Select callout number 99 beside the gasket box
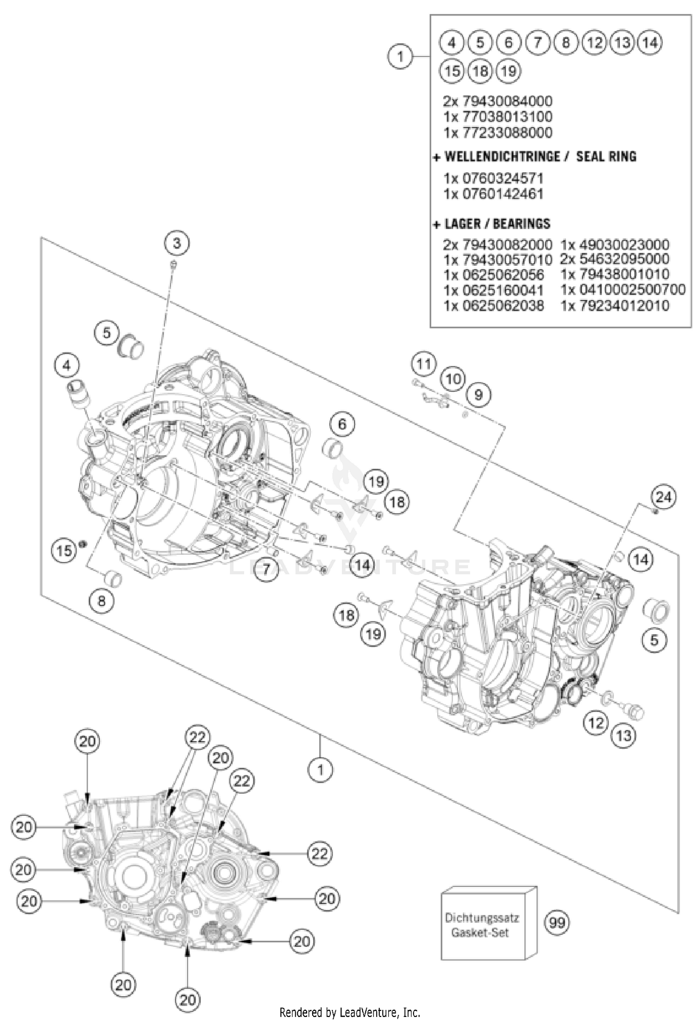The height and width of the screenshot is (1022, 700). click(557, 922)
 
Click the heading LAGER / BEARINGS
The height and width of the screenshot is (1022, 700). click(497, 224)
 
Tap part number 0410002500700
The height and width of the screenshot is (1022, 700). click(623, 290)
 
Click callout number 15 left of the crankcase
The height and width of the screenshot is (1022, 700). click(64, 550)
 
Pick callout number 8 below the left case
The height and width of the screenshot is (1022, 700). click(101, 601)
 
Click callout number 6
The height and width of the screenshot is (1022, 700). click(342, 424)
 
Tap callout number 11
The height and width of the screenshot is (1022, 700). click(424, 363)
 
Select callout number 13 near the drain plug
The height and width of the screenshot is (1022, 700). click(623, 736)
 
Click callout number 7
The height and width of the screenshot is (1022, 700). click(266, 569)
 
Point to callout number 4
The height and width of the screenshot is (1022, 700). click(67, 366)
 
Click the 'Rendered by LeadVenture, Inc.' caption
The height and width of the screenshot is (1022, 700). click(350, 1012)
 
